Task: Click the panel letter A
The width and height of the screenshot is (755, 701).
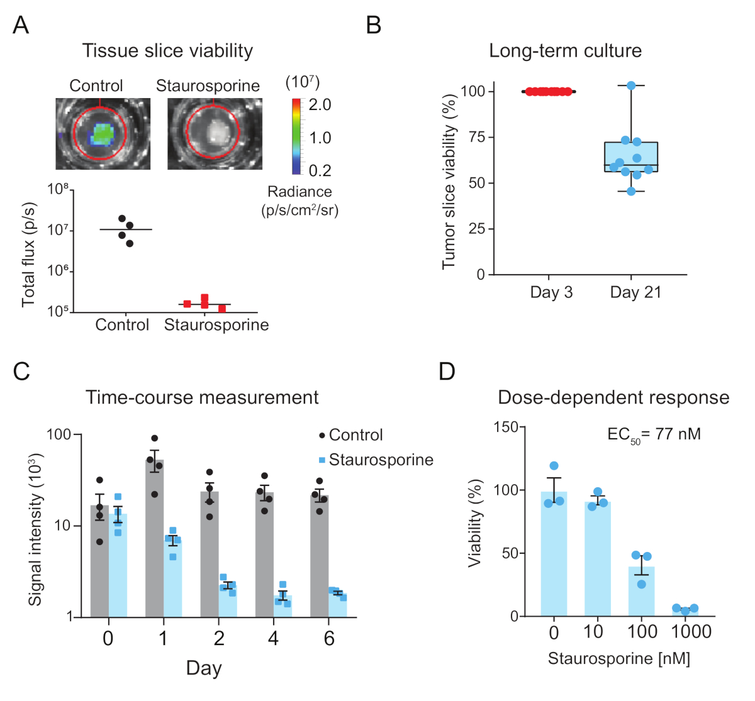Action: point(21,25)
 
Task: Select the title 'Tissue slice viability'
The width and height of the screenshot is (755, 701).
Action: point(167,51)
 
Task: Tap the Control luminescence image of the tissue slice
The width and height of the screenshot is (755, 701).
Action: point(103,133)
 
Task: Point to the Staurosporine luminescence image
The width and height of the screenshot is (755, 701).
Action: point(215,133)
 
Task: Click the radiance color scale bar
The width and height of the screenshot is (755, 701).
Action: point(296,136)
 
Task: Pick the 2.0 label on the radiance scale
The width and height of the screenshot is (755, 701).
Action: point(320,105)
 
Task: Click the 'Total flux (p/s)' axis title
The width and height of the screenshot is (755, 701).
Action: point(28,255)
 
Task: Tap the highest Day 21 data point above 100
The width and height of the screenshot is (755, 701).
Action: point(631,86)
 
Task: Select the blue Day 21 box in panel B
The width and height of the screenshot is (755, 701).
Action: point(631,157)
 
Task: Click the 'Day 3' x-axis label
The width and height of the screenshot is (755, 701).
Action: point(551,292)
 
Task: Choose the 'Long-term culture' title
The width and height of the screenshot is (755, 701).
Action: point(565,51)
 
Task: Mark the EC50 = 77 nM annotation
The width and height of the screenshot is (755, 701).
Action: point(654,434)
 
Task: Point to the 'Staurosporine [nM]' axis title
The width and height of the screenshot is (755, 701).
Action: point(618,659)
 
